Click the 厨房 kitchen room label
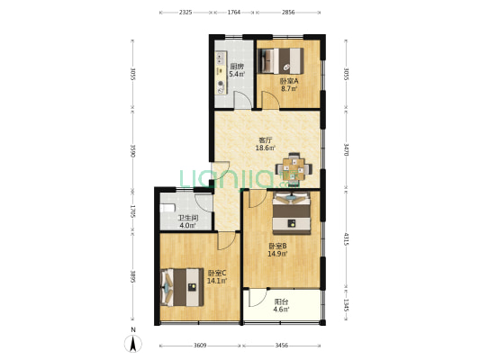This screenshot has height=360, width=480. point(237,66)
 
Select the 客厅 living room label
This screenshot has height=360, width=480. point(265,139)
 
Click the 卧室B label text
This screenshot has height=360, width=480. point(276,245)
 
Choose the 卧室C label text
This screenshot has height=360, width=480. point(216,273)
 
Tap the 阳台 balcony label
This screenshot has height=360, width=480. point(281,302)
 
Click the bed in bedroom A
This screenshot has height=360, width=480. point(283,60)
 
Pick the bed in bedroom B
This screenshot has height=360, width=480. point(291,213)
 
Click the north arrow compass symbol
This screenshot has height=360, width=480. point(131,342)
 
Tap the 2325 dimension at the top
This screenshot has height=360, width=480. point(185,13)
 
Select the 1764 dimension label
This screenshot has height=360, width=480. point(233,13)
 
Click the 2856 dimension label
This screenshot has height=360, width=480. point(287,13)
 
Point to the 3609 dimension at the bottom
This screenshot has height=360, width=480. point(200,346)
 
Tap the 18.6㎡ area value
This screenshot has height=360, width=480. point(265,148)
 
